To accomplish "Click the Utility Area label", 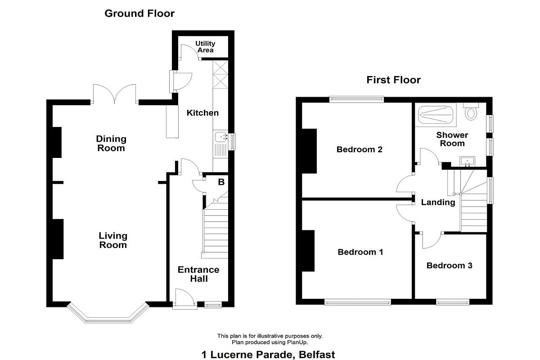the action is [205, 47].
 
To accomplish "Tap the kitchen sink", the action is [220, 137].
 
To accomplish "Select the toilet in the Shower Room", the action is [471, 112].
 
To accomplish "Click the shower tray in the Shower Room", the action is [436, 115].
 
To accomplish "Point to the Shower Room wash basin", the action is [467, 161].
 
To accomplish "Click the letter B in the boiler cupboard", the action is [221, 182].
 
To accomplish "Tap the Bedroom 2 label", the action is [359, 149].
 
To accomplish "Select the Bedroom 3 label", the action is [450, 265].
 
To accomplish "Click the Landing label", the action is [438, 202].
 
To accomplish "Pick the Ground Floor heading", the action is [139, 13].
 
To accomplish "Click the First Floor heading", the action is [393, 80].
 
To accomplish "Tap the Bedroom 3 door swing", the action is [432, 241].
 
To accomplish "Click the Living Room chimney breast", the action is [58, 239].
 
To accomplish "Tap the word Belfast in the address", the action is [317, 355].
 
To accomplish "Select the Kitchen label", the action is [202, 113].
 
